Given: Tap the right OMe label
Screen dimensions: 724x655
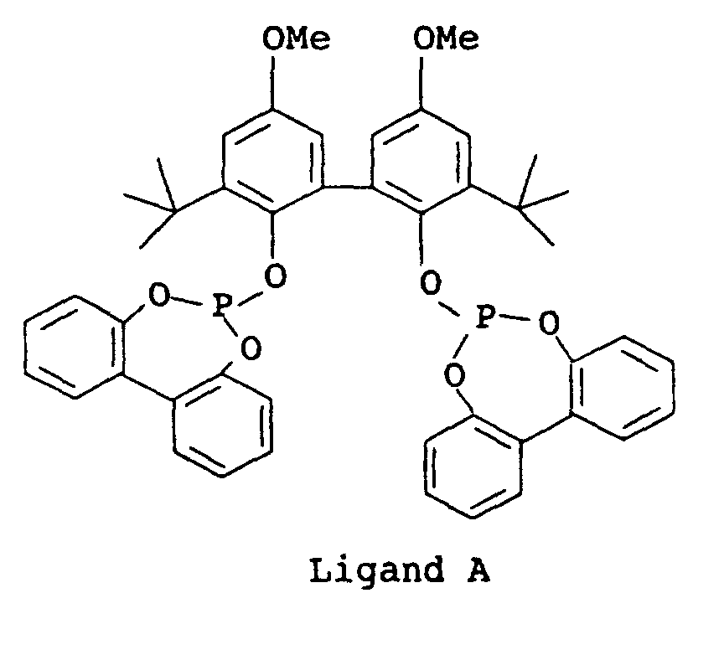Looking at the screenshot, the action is pyautogui.click(x=447, y=40).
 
